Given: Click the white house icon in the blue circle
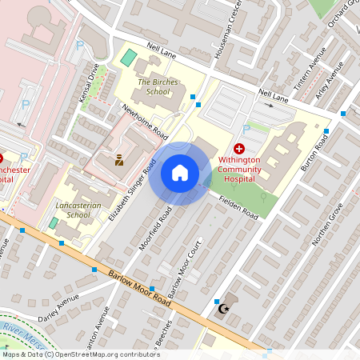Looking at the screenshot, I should (x=180, y=173).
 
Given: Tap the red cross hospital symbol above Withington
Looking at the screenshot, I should (x=239, y=149).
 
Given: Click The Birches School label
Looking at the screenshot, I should (x=153, y=86).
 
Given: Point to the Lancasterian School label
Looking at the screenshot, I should (x=78, y=210).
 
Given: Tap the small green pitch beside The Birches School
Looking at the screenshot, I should (x=128, y=58).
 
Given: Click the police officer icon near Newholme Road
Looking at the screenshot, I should (x=119, y=159).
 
